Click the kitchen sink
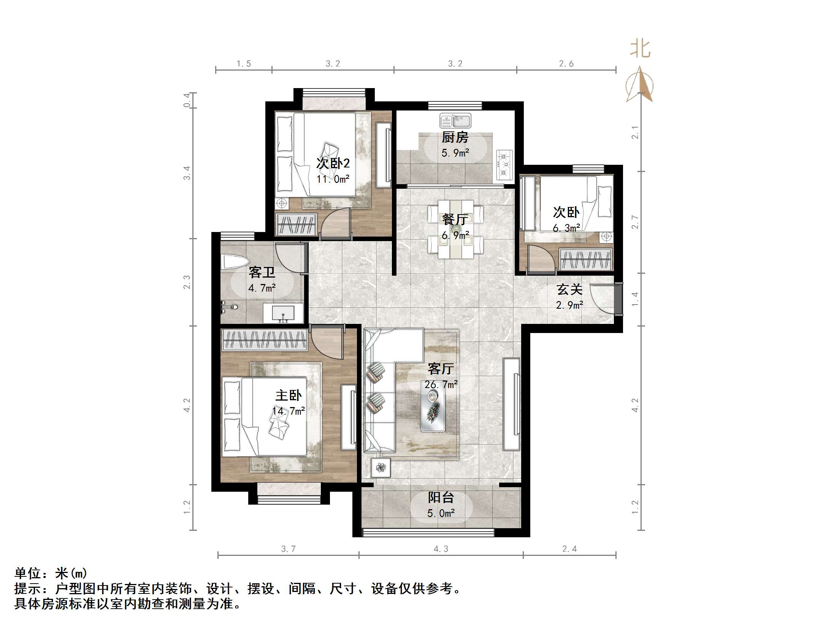coord(455,121)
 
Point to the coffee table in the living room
coord(433,412)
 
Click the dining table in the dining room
coord(455,229)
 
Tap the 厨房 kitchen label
coord(455,137)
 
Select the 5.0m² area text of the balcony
coord(441,513)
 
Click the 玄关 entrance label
coord(569,290)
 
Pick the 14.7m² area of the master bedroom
coord(289,411)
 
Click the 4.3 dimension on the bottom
coord(441,549)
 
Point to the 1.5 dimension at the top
coord(244,64)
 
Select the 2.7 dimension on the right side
coord(635,222)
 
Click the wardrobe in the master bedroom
coord(265,339)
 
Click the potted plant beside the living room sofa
coord(381,468)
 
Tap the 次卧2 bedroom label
coord(333,163)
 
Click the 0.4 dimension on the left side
coord(187,100)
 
